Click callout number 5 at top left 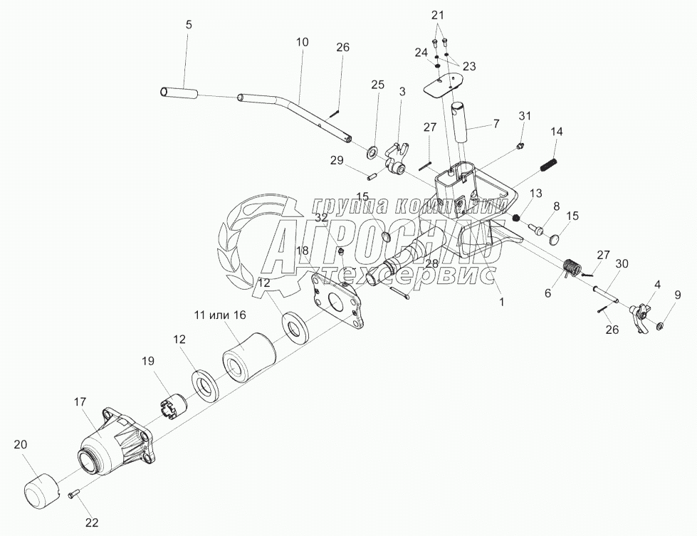(188, 25)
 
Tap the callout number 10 (303, 42)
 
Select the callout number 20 (21, 444)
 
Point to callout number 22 (91, 522)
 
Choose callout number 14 (557, 132)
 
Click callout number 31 (525, 116)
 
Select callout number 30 (622, 263)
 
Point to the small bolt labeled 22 (73, 495)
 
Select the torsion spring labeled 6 (572, 268)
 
